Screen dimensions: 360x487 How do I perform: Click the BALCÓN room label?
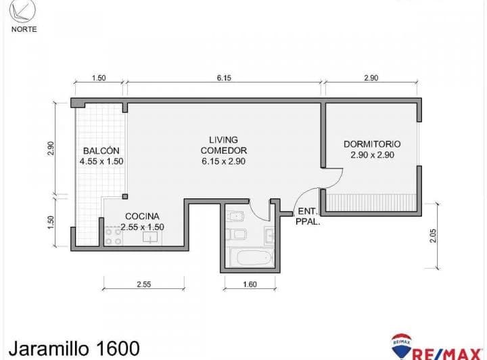[x=101, y=150]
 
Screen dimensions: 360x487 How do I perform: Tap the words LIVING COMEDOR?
[x=223, y=145]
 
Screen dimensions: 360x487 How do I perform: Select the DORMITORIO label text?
[x=372, y=144]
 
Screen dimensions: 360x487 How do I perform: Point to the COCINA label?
[x=142, y=217]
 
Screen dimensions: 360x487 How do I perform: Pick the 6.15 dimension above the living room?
[x=224, y=78]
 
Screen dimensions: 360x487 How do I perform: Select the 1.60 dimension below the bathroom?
[x=249, y=285]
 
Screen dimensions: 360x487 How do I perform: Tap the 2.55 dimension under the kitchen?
[x=143, y=285]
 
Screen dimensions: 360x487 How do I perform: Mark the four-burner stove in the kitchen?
[x=113, y=235]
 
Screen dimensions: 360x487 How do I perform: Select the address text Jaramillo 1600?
[x=72, y=348]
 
